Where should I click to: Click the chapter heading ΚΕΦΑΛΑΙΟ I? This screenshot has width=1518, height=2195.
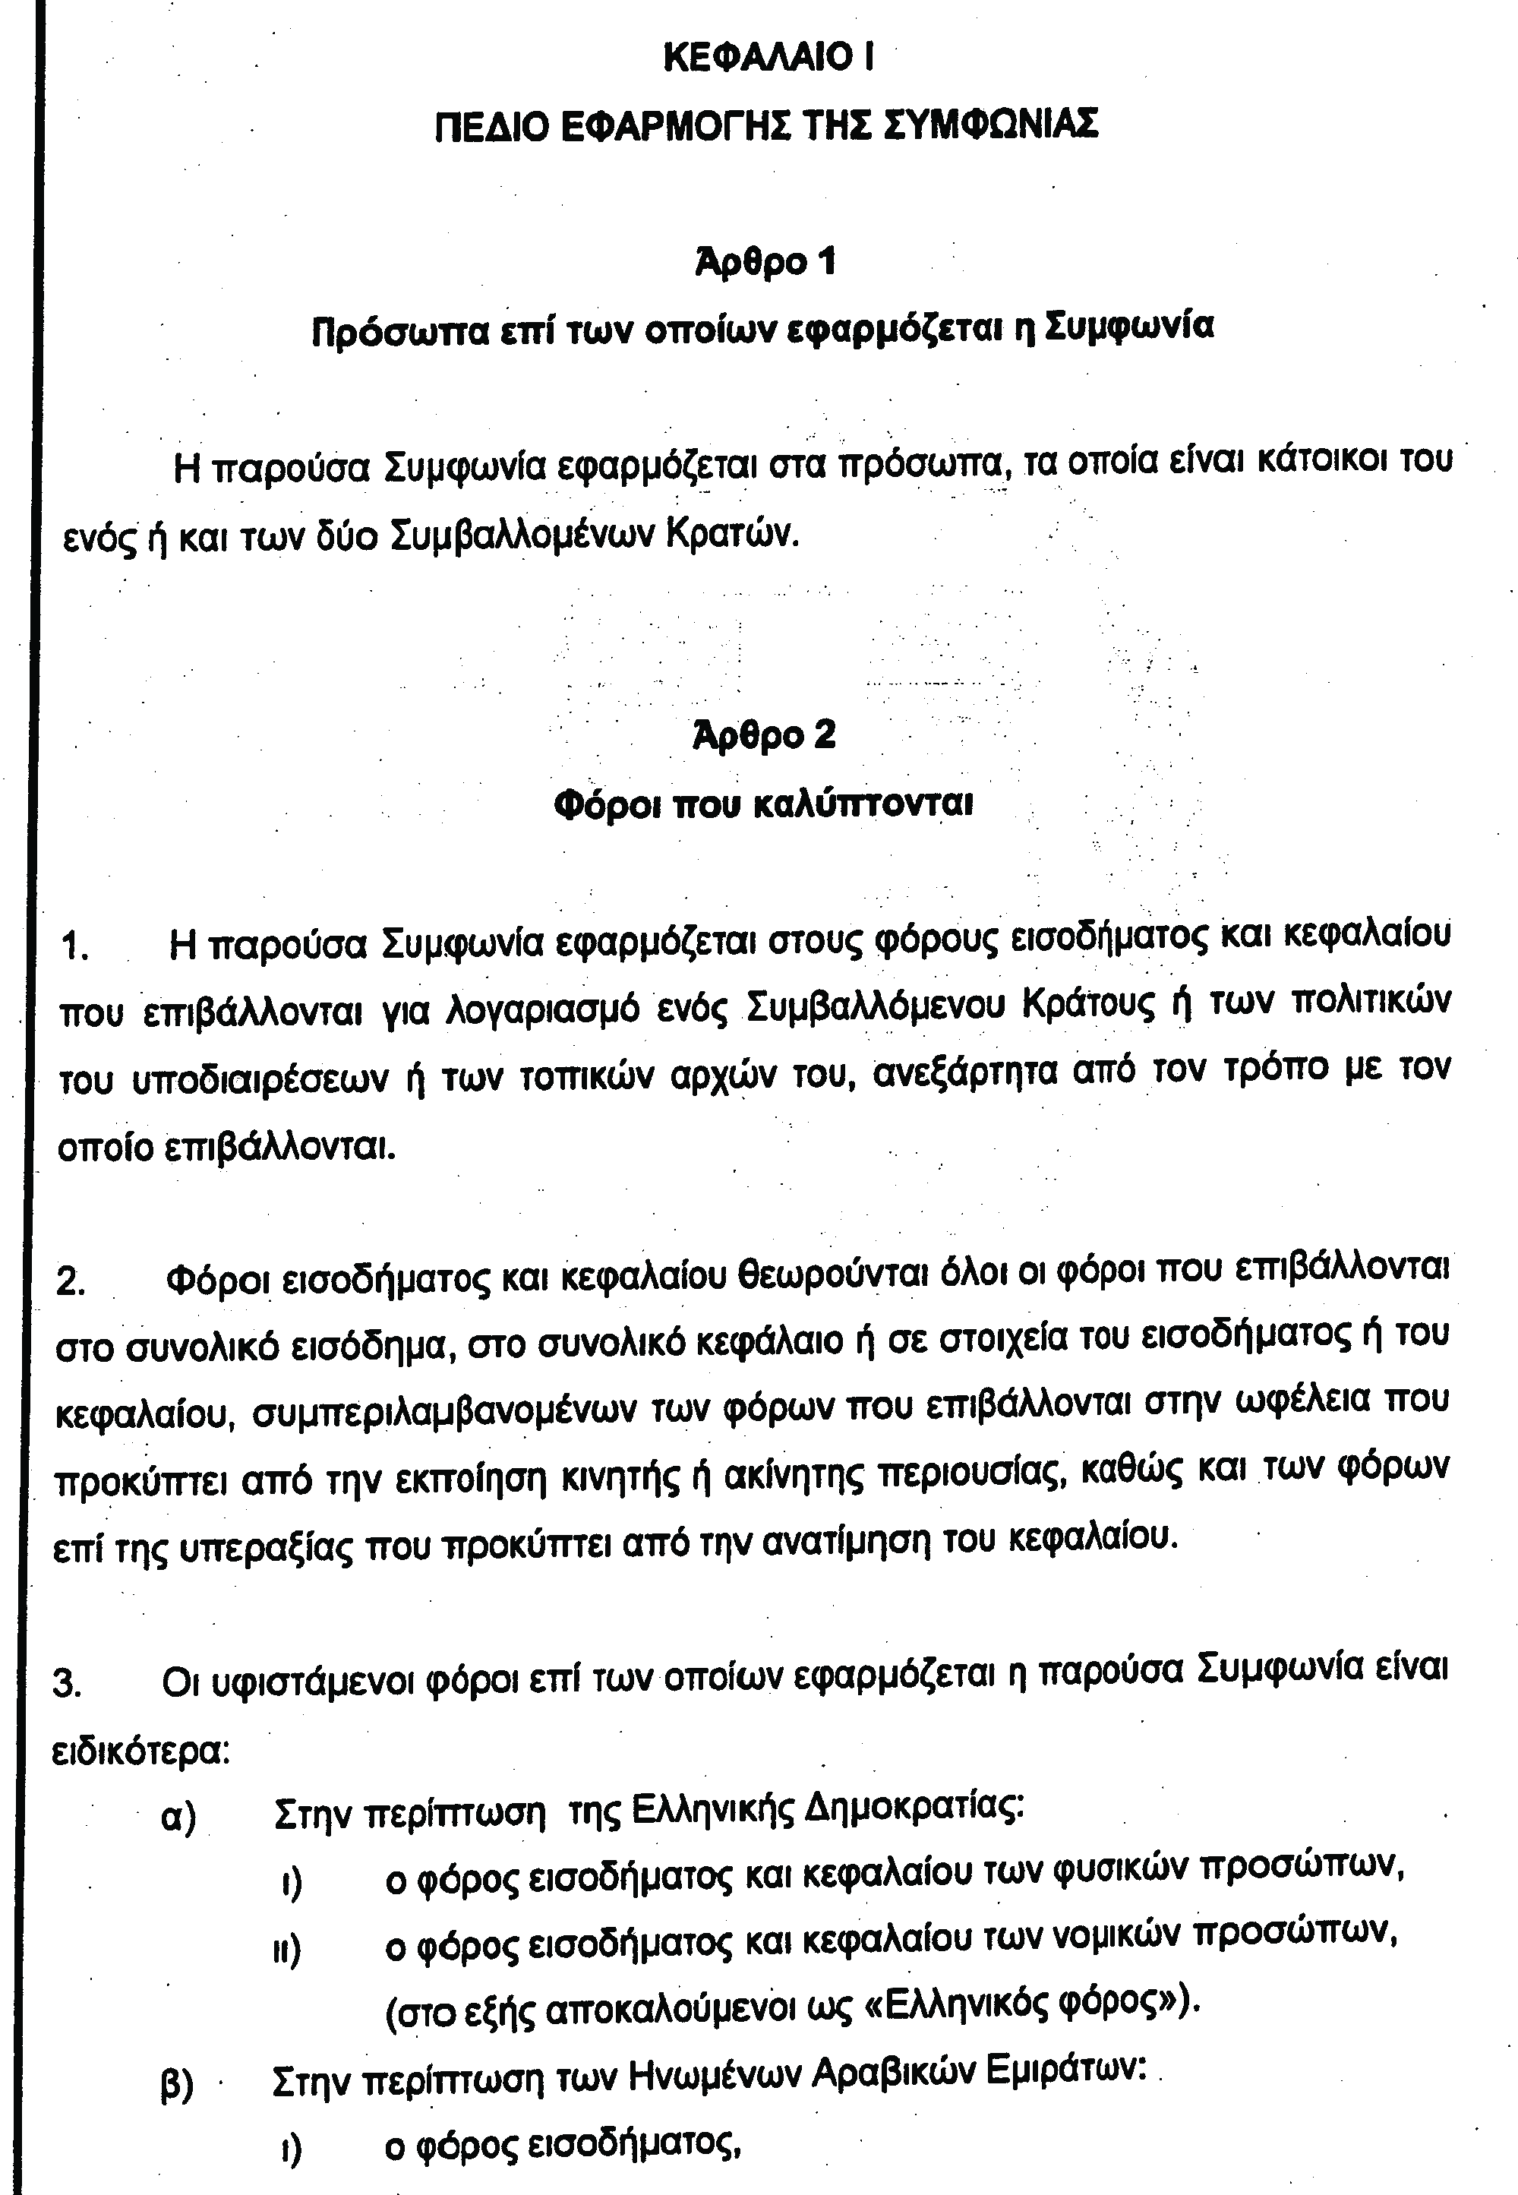click(x=768, y=58)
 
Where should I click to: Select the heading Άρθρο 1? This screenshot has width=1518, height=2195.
click(x=765, y=261)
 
